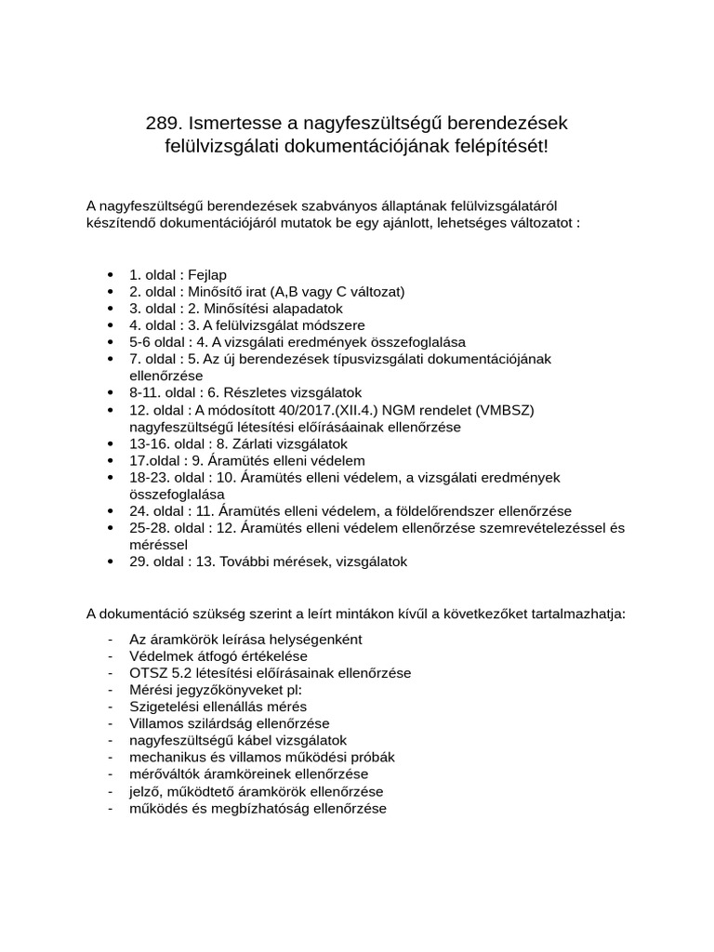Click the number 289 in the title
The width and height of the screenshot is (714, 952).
coord(164,123)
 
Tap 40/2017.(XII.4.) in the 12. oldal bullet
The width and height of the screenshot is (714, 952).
coord(334,410)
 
